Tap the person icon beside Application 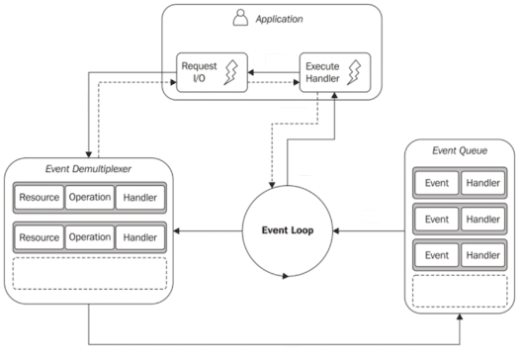point(239,18)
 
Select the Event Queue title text point(460,151)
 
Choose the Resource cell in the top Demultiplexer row point(39,197)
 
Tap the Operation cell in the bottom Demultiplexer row point(90,237)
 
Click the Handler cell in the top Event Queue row point(480,184)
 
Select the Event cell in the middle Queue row point(436,219)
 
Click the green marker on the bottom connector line point(293,351)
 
